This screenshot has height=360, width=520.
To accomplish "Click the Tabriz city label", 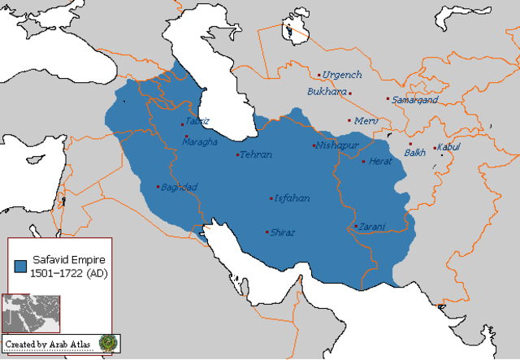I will click(197, 121).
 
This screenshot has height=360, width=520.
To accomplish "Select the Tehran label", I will click(257, 154).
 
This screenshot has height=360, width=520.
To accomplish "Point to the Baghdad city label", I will click(180, 187).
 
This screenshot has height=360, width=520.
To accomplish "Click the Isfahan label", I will click(292, 198).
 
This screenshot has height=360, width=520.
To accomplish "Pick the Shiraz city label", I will click(283, 232).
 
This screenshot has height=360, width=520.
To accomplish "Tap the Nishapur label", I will click(336, 145).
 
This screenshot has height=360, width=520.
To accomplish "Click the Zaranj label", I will click(371, 226).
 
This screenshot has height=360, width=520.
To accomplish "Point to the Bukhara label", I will click(326, 92).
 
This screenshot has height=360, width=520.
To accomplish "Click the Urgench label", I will click(342, 75).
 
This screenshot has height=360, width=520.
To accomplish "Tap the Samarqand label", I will click(415, 100).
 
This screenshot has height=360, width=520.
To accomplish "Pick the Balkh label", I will click(415, 152).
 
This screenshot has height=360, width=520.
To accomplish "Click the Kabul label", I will click(448, 146).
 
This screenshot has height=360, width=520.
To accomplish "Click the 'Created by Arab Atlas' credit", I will click(49, 345).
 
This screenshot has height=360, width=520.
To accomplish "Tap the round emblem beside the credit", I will click(108, 344).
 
